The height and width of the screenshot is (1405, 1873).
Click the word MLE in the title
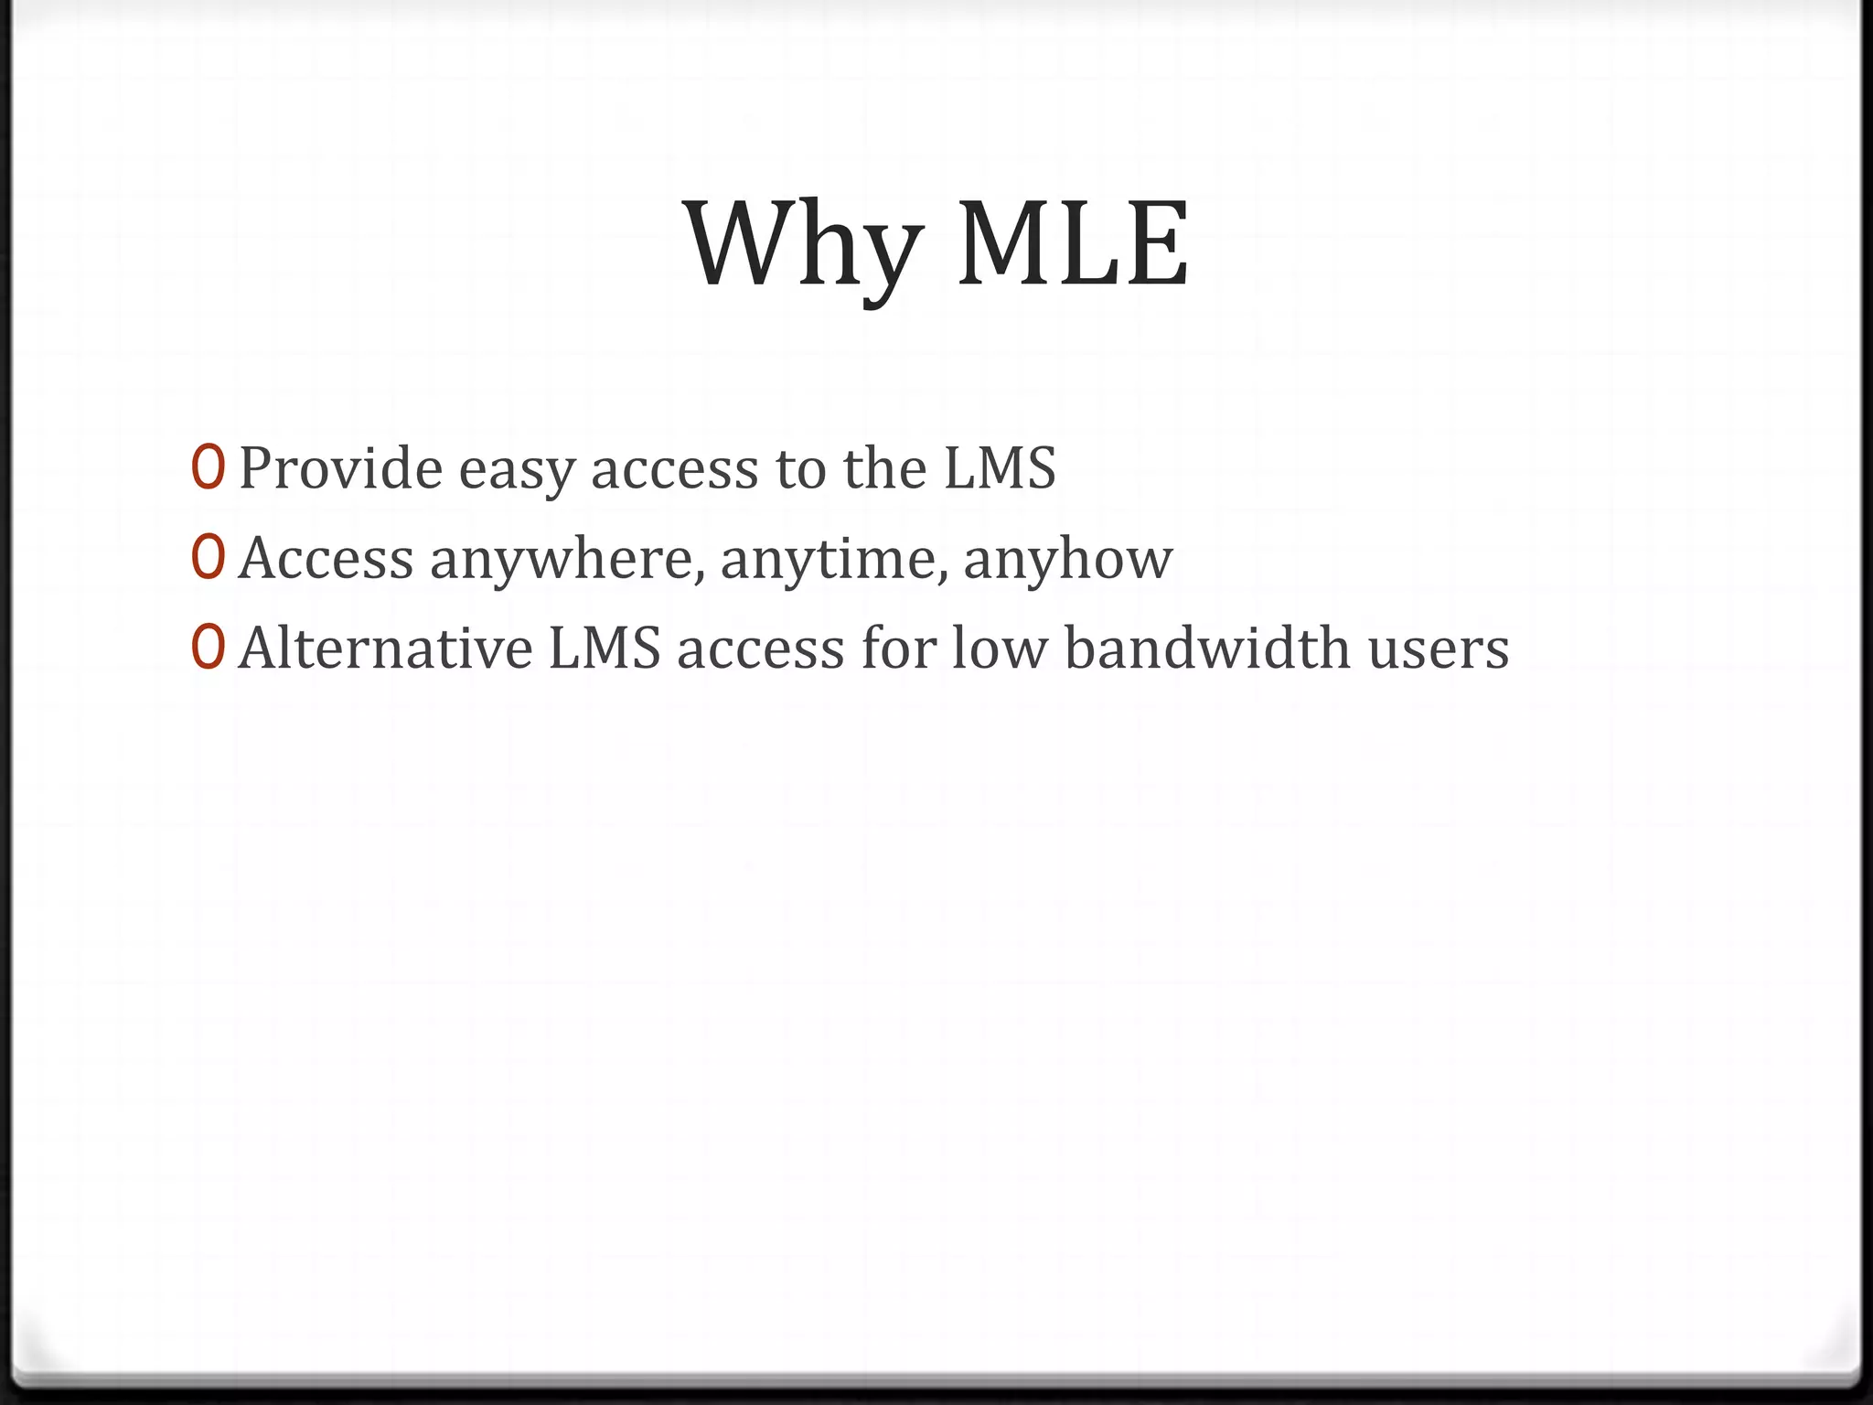pos(1073,245)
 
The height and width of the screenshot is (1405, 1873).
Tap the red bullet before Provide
pos(208,467)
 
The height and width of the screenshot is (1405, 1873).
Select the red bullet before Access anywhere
pos(208,557)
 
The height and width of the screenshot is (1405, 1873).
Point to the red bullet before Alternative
pos(208,647)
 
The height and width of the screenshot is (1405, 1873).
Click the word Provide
pos(340,467)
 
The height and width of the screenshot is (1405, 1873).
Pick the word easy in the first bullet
pos(516,471)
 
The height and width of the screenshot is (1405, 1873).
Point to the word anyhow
pos(1067,561)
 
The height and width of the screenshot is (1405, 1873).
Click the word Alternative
pos(385,649)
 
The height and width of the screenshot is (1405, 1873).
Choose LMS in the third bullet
pos(605,649)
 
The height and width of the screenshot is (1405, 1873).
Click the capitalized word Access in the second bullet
pos(326,559)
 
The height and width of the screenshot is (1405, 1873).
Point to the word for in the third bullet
pos(899,649)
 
